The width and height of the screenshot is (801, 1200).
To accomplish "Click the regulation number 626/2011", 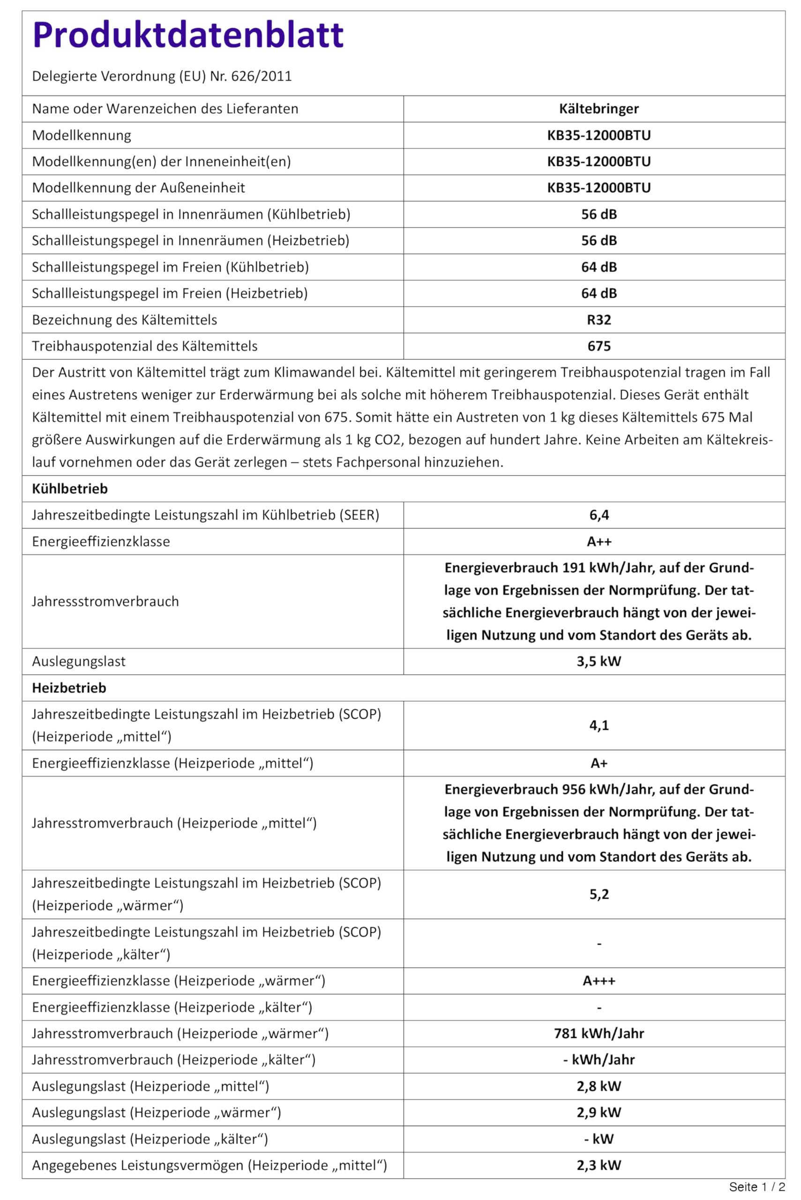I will click(261, 76).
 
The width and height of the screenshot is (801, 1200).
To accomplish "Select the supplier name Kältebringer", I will click(599, 109).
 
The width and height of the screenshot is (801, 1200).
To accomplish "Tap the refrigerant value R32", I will click(599, 320).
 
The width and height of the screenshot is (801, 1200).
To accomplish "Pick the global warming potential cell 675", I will click(599, 346).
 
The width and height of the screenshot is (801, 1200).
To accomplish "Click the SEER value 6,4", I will click(599, 515).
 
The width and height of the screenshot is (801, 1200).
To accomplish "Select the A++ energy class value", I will click(599, 541).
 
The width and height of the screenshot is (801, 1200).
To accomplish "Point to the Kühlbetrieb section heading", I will click(70, 488).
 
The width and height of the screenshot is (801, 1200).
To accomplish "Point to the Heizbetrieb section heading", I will click(69, 688).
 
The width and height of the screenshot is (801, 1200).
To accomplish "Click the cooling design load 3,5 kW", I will click(599, 661).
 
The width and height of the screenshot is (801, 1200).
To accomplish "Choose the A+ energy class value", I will click(599, 763).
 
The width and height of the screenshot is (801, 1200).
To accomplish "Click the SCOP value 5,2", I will click(599, 894).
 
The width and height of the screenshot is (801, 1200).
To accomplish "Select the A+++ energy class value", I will click(599, 980).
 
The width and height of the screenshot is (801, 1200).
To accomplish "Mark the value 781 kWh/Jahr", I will click(599, 1034).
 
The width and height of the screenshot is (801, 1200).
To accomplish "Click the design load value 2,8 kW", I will click(599, 1086).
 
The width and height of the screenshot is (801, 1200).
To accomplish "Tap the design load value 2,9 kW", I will click(599, 1112).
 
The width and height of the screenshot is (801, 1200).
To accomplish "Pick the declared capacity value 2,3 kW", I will click(599, 1165).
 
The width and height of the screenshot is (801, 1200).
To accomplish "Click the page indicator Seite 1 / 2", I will click(756, 1187).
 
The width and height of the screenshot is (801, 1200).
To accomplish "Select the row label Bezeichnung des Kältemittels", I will click(125, 320).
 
